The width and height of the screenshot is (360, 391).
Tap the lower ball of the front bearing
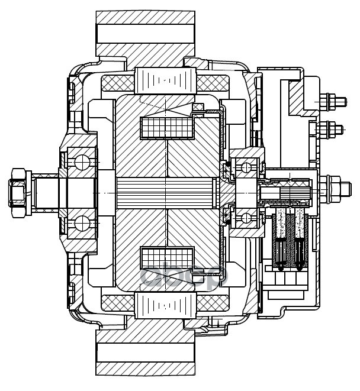coord(81,223)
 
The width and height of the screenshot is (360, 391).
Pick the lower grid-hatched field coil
coord(166,258)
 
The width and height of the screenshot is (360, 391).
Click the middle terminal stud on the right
coord(332,128)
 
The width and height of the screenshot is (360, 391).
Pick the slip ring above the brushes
coord(290,193)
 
